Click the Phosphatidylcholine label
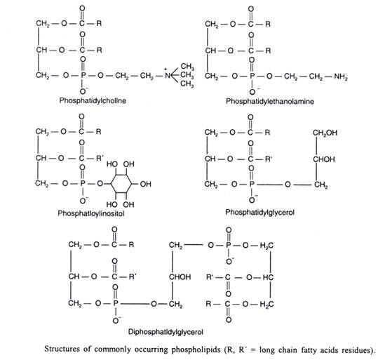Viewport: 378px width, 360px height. [93, 100]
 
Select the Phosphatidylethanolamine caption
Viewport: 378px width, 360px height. [270, 101]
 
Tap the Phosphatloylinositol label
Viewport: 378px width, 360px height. [91, 213]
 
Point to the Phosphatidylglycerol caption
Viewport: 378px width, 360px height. [260, 213]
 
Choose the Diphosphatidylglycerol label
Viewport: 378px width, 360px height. [166, 332]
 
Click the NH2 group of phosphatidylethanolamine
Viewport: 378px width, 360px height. [341, 76]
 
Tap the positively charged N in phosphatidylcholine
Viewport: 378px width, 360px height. [168, 75]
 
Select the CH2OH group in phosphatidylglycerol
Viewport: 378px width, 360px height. [325, 133]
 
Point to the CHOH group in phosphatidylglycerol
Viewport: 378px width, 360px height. [324, 159]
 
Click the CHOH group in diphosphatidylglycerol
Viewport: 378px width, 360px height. [180, 276]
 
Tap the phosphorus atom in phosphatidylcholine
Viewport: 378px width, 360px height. [83, 76]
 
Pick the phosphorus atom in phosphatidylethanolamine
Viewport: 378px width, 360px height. [252, 76]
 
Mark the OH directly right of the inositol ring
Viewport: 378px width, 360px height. [145, 184]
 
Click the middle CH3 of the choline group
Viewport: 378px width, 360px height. [187, 75]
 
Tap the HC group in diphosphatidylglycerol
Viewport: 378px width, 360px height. [268, 277]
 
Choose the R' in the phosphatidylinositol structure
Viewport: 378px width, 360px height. [100, 158]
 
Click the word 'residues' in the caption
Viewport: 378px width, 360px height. [359, 350]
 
